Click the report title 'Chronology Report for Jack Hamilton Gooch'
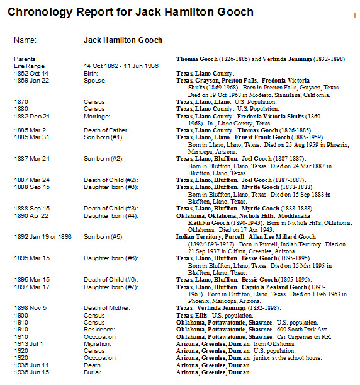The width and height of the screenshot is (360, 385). [130, 12]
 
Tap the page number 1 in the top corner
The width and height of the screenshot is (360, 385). [354, 15]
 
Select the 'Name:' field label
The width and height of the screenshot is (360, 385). [25, 40]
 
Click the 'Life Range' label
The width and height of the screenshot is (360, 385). [29, 66]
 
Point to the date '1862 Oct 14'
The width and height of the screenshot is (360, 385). [30, 73]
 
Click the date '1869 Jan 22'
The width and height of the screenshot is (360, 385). [30, 81]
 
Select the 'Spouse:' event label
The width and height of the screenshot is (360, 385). [95, 81]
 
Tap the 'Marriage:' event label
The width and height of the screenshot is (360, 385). [97, 117]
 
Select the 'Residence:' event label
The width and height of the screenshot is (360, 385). [99, 329]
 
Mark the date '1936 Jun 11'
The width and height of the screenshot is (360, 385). [30, 364]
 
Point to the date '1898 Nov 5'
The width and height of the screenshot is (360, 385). [29, 307]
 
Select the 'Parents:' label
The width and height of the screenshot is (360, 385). [26, 59]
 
